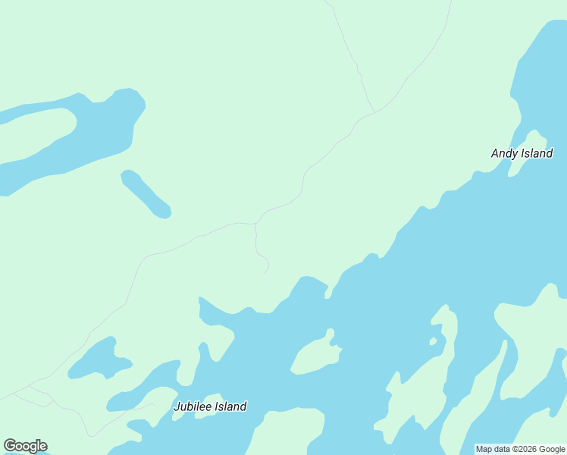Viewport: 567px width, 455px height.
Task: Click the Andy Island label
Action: [x=522, y=153]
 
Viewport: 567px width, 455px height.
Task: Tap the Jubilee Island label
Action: [x=210, y=406]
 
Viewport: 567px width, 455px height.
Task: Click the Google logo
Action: [x=25, y=446]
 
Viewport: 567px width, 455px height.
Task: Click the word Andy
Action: [x=504, y=153]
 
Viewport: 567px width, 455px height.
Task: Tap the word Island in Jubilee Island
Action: [x=230, y=406]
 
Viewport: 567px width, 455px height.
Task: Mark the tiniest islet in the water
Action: [x=433, y=341]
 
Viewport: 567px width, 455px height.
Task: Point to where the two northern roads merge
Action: [x=374, y=112]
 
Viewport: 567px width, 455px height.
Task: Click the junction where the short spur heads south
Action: [x=256, y=224]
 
